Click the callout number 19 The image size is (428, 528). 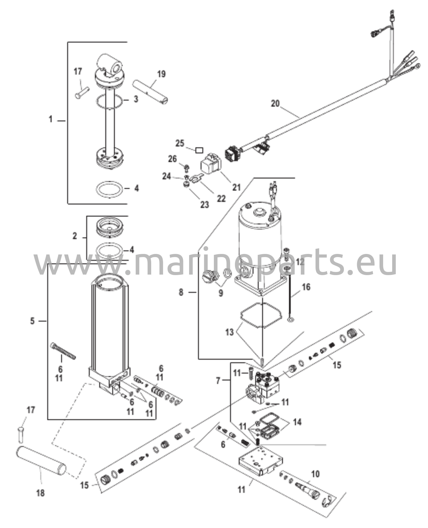point(161,74)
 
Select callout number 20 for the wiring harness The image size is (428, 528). point(275,104)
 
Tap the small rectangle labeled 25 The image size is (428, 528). point(199,150)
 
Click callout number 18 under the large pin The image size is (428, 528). point(41,493)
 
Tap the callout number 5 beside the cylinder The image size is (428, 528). point(32,321)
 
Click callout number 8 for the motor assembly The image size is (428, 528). point(181,292)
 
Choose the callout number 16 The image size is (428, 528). point(306,287)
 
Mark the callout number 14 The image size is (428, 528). point(297,422)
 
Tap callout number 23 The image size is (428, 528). point(205,205)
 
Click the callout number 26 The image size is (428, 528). point(172,159)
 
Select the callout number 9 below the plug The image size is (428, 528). point(221,293)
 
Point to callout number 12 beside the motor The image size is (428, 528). point(300,262)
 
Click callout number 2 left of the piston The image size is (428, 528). point(75,236)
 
